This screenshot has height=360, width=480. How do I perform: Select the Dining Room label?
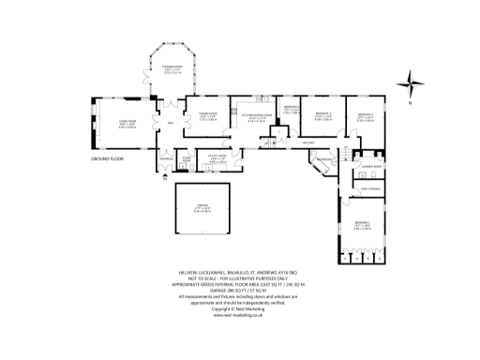pyautogui.click(x=206, y=116)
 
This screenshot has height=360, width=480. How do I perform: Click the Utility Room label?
pyautogui.click(x=217, y=159)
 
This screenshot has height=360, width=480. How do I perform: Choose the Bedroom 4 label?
pyautogui.click(x=291, y=110)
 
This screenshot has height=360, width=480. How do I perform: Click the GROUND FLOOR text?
pyautogui.click(x=108, y=159)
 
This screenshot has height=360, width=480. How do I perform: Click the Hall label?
pyautogui.click(x=172, y=123)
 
